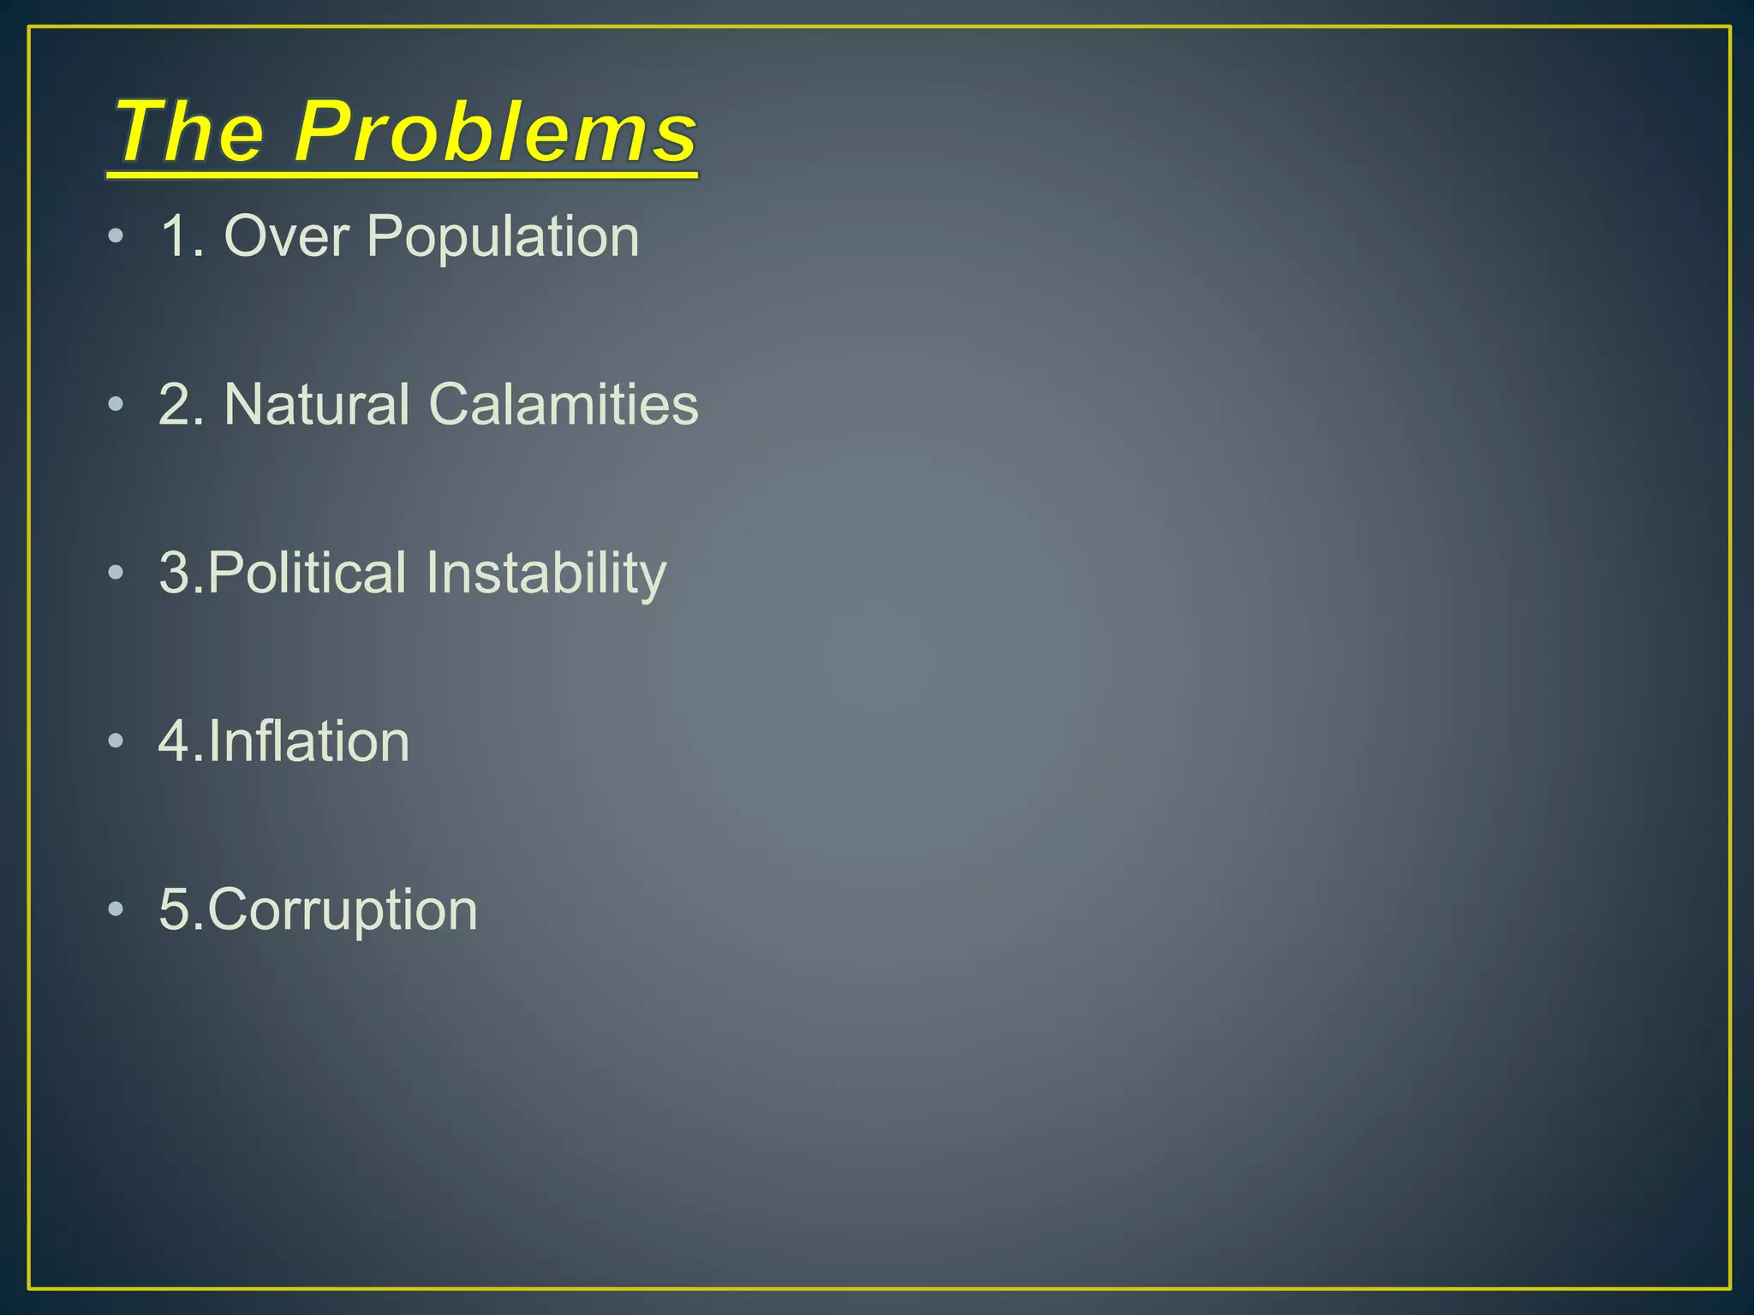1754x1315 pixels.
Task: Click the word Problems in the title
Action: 497,133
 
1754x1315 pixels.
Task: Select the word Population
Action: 503,237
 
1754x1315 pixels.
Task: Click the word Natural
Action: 317,404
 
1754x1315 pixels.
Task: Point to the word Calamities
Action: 564,404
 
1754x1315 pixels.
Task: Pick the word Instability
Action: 546,574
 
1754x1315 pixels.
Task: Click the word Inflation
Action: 309,741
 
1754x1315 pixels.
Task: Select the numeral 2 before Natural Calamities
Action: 175,404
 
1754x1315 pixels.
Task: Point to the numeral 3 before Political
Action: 175,573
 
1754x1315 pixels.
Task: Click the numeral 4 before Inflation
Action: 175,741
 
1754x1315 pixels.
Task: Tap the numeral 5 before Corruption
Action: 175,909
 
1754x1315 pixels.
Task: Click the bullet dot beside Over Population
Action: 116,236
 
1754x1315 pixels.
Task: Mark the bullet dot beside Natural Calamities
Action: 116,405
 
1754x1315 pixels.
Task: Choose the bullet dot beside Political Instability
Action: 116,574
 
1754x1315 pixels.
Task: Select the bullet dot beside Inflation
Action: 116,741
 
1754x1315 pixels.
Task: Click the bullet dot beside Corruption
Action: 116,910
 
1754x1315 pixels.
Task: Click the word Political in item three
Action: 307,573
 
